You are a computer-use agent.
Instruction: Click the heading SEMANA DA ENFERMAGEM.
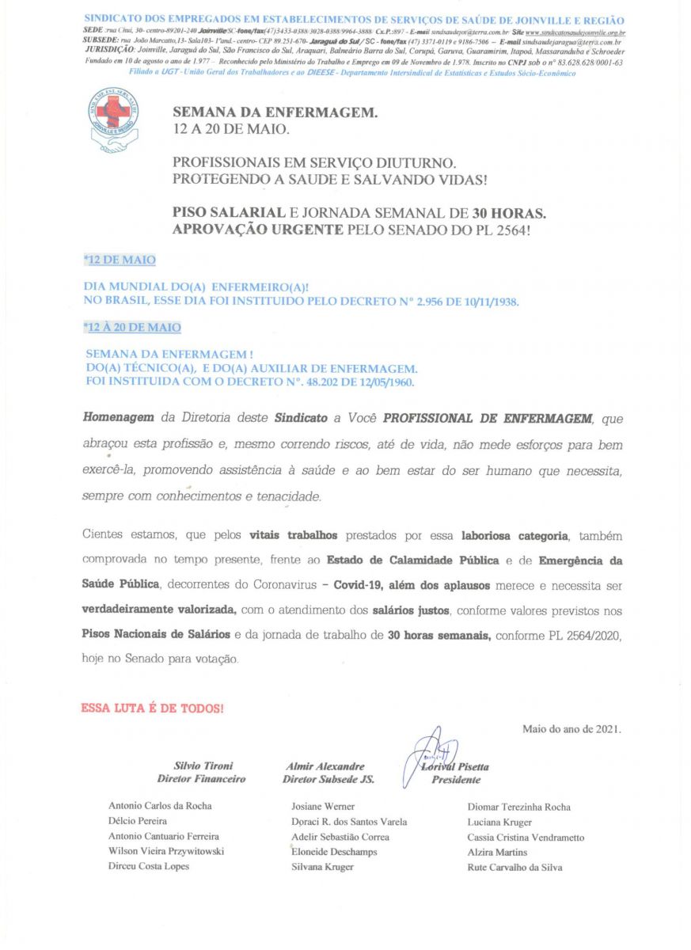(x=275, y=113)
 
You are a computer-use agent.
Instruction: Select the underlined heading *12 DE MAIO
(x=119, y=260)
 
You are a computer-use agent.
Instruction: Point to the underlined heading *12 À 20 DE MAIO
(x=132, y=327)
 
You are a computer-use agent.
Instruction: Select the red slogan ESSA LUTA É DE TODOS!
(x=152, y=708)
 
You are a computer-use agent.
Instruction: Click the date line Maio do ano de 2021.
(x=571, y=729)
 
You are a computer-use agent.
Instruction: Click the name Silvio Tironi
(x=203, y=766)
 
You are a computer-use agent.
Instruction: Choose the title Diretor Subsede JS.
(x=328, y=779)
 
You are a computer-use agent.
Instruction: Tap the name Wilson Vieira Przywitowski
(x=166, y=851)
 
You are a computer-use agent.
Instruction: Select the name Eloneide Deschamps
(x=334, y=852)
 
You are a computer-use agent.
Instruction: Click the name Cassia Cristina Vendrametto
(x=526, y=837)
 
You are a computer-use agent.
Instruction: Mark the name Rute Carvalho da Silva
(x=514, y=867)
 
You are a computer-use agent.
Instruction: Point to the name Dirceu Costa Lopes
(x=149, y=866)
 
